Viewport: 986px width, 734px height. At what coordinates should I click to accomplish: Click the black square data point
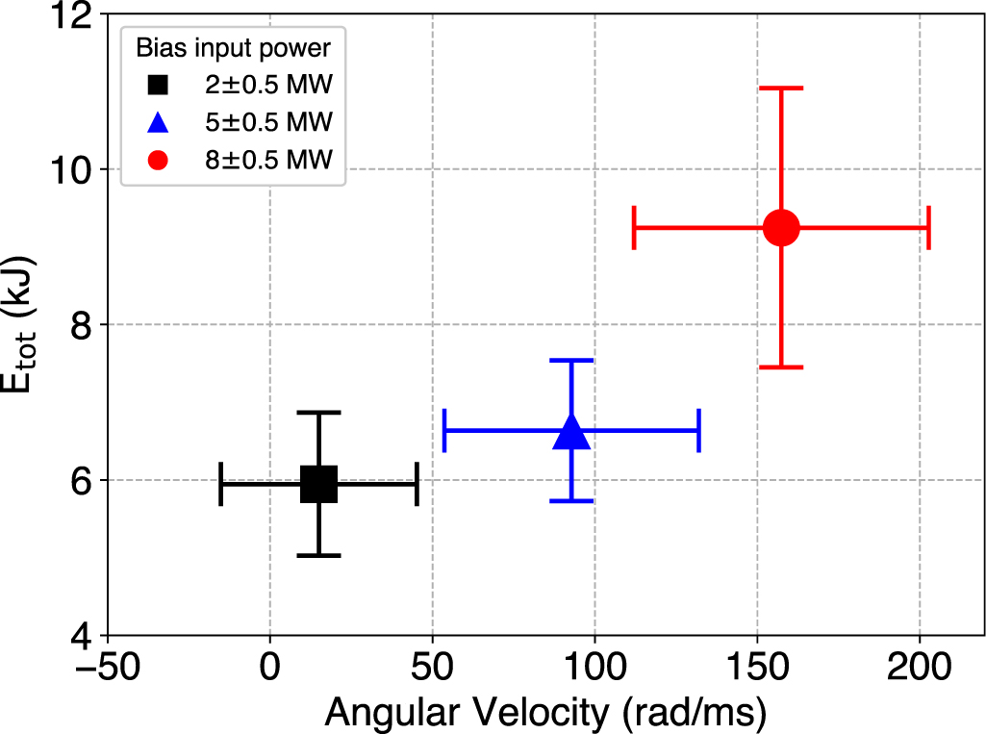pyautogui.click(x=318, y=484)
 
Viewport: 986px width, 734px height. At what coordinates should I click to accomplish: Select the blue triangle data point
pyautogui.click(x=571, y=432)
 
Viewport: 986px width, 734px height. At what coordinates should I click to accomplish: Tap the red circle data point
pyautogui.click(x=781, y=228)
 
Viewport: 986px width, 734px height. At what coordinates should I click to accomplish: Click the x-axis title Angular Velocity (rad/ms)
pyautogui.click(x=544, y=712)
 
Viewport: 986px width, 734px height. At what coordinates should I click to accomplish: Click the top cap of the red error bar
pyautogui.click(x=781, y=89)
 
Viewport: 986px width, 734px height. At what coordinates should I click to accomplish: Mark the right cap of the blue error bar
pyautogui.click(x=698, y=430)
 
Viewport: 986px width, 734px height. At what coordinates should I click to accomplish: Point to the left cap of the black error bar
pyautogui.click(x=221, y=484)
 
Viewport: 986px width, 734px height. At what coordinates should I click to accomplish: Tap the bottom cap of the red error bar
pyautogui.click(x=781, y=367)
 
